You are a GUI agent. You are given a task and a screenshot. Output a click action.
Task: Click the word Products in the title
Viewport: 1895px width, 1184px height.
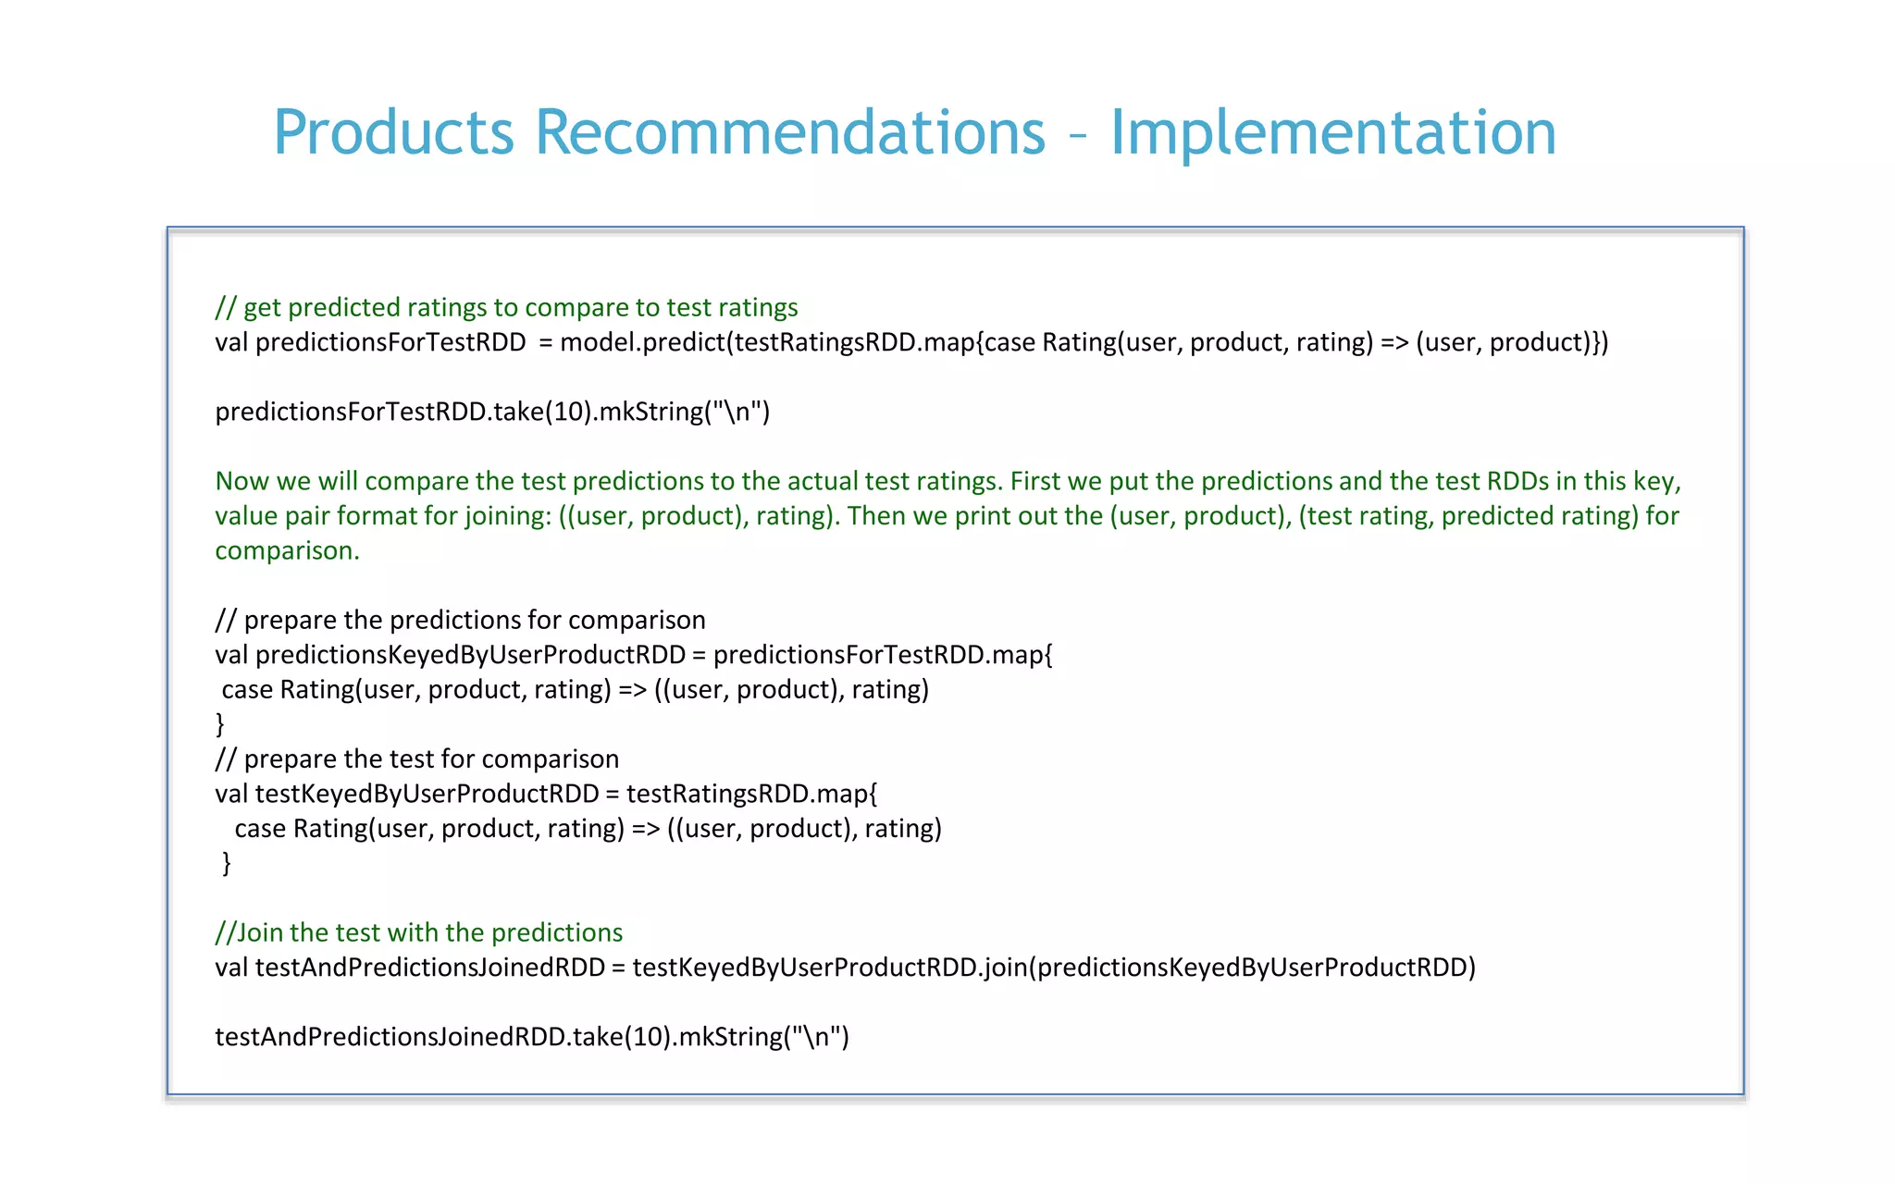(x=393, y=132)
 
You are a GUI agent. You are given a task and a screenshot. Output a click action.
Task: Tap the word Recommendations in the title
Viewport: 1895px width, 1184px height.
(x=789, y=132)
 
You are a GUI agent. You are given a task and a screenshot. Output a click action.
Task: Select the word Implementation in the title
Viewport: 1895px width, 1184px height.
(x=1332, y=132)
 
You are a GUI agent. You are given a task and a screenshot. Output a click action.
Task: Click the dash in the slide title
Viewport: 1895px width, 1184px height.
(x=1077, y=136)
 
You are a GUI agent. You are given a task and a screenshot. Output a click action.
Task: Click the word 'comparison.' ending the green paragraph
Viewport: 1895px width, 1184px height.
(x=287, y=550)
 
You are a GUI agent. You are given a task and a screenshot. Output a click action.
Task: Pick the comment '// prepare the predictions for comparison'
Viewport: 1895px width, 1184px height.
(x=460, y=620)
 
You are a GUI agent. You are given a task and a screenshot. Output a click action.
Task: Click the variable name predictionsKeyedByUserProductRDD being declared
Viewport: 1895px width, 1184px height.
(x=470, y=655)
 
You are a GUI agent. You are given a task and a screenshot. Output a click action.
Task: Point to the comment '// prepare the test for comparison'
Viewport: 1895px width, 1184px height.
(x=416, y=758)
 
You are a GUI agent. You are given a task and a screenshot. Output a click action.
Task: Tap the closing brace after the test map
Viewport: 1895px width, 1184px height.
(x=227, y=863)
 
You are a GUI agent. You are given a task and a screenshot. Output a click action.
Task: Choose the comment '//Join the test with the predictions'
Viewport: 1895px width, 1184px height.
(x=418, y=932)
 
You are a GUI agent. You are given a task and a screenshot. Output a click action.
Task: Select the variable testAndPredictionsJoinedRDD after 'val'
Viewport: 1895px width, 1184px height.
(x=429, y=968)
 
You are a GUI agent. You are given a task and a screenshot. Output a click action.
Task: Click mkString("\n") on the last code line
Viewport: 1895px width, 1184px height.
(x=763, y=1037)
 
